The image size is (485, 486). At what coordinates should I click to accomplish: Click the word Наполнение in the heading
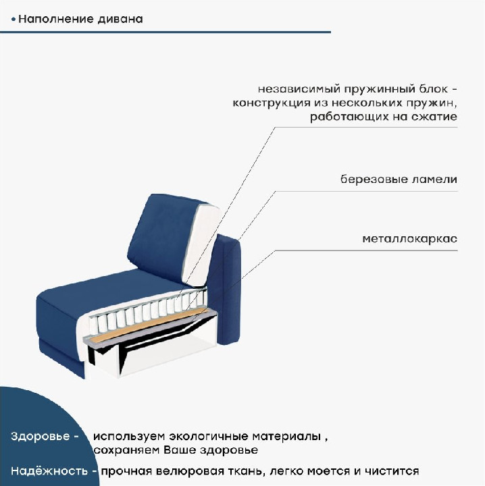click(56, 19)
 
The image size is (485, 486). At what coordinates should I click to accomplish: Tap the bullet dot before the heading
click(13, 20)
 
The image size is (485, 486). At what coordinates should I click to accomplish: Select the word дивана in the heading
click(120, 19)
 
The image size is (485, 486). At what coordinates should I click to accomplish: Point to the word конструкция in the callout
click(272, 103)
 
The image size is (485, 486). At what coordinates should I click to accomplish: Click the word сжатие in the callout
click(434, 117)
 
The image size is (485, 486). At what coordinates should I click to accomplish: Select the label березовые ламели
click(399, 179)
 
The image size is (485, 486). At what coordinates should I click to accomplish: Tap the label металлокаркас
click(409, 239)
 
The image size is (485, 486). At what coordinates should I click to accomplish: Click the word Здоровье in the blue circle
click(41, 436)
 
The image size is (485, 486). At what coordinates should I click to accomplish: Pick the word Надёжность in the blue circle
click(49, 471)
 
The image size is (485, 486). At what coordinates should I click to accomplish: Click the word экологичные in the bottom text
click(210, 437)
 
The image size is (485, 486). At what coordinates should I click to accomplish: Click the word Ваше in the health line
click(180, 450)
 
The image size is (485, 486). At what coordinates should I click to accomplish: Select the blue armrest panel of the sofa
click(228, 290)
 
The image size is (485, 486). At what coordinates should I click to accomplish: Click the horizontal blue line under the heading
click(165, 32)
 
